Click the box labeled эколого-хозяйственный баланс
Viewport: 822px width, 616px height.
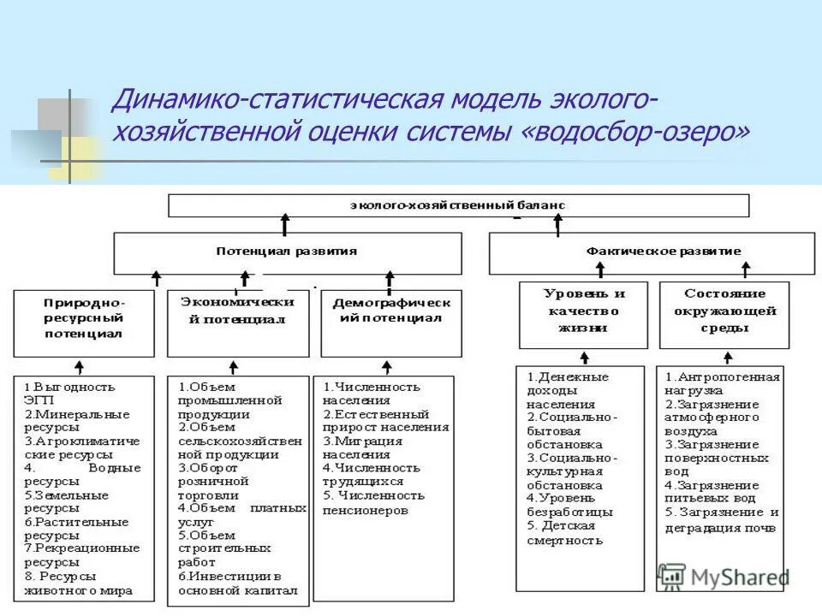(458, 205)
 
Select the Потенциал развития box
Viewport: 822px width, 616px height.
(287, 252)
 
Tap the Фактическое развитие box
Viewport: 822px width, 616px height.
(652, 252)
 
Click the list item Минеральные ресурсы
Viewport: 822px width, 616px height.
(77, 420)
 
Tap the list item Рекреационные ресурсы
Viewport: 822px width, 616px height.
(81, 555)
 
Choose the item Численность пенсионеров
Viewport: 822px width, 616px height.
(373, 502)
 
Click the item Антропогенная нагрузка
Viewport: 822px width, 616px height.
(723, 383)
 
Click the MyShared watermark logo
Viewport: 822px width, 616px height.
(724, 577)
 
